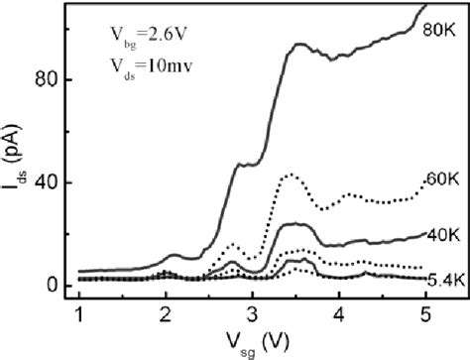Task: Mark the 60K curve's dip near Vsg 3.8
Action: click(322, 209)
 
